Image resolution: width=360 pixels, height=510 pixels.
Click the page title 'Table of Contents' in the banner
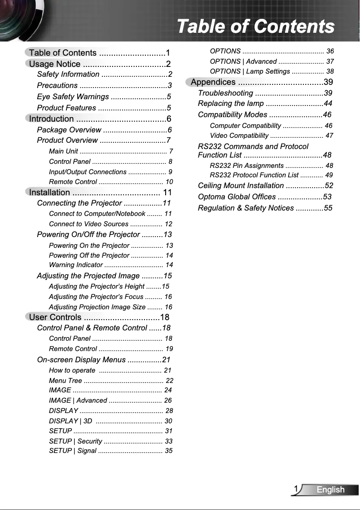[x=255, y=26]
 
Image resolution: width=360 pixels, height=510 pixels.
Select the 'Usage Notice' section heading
[x=55, y=64]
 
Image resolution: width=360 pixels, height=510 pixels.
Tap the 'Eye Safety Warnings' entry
[x=73, y=97]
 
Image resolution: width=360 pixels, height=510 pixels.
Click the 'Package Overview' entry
[x=69, y=130]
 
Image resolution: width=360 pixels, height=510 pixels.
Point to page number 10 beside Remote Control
[x=169, y=182]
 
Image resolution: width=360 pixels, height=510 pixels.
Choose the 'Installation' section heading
[x=49, y=192]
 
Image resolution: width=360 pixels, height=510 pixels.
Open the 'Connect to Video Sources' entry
[x=88, y=224]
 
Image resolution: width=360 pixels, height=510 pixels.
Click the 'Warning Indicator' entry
[x=76, y=265]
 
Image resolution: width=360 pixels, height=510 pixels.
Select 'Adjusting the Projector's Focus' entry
[x=96, y=297]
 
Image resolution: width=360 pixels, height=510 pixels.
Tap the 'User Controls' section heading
[x=55, y=317]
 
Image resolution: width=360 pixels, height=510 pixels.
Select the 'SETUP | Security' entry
[x=75, y=441]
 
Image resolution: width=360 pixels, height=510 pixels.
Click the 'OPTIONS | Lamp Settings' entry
[x=250, y=71]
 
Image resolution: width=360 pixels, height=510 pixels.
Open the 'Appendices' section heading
[x=213, y=82]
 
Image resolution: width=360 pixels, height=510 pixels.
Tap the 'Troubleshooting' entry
[x=225, y=93]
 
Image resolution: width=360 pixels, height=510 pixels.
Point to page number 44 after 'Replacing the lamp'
[x=328, y=104]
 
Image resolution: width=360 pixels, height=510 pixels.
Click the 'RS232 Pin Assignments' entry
[x=246, y=166]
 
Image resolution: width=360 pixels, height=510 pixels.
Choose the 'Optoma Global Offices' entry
[x=237, y=197]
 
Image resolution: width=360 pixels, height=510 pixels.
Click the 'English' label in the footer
[x=330, y=490]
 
